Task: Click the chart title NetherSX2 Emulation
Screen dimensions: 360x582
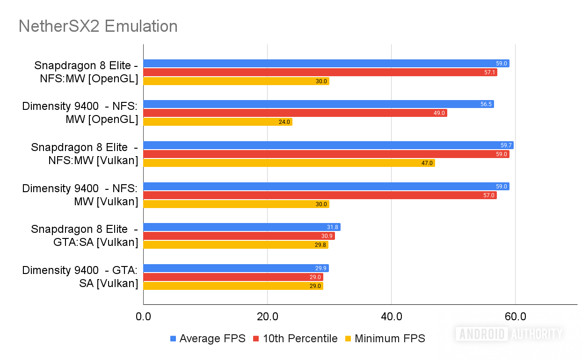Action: tap(98, 26)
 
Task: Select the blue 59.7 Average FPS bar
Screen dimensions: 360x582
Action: tap(327, 145)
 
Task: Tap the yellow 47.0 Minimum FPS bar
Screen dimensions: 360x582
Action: tap(289, 163)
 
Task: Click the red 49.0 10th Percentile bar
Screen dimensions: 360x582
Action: tap(295, 113)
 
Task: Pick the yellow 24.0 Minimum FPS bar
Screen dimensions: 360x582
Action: tap(218, 122)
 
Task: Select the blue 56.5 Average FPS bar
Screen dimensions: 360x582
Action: tap(318, 104)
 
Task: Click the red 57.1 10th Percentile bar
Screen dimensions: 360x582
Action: tap(320, 72)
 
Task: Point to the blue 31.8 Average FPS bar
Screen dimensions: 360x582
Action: tap(241, 227)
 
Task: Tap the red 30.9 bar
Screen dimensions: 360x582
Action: tap(239, 236)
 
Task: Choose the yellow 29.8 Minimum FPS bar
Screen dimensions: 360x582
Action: tap(235, 245)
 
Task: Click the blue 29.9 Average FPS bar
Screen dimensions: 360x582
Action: tap(236, 268)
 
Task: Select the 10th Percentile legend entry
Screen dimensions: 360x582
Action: tap(295, 338)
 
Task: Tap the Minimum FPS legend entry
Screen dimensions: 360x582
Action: tap(385, 338)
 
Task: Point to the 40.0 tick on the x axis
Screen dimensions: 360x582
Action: tap(392, 317)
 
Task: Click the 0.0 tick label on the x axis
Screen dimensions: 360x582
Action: tap(143, 317)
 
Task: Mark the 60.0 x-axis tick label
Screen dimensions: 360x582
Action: tap(515, 317)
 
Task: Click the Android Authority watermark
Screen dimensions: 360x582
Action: tap(509, 333)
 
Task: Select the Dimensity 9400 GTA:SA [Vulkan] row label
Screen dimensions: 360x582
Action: tap(80, 277)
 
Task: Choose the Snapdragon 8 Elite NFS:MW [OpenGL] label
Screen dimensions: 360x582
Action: tap(86, 72)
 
